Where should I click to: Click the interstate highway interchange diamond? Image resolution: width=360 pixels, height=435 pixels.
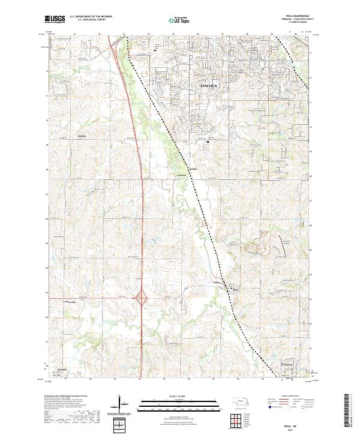pos(142,298)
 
